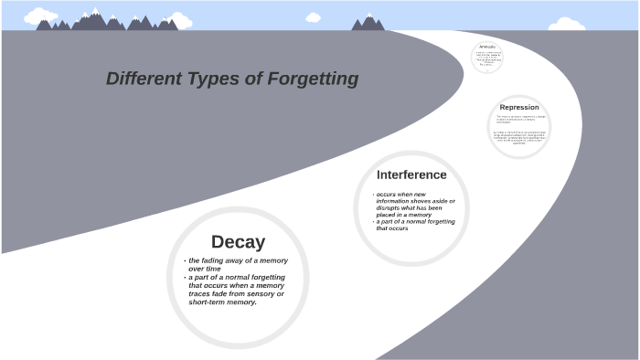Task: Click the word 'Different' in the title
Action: pos(142,79)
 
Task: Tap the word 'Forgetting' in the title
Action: pos(313,79)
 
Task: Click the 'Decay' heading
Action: pos(238,242)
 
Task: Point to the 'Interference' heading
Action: pos(411,175)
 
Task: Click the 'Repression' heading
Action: pos(519,108)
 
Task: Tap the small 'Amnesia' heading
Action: pos(487,46)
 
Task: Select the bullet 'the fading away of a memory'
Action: pos(239,260)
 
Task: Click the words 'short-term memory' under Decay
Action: pos(222,302)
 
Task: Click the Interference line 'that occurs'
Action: pos(392,228)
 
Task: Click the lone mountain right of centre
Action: pos(368,22)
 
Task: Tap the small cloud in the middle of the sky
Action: pos(313,17)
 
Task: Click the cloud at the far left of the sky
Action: pos(40,16)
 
